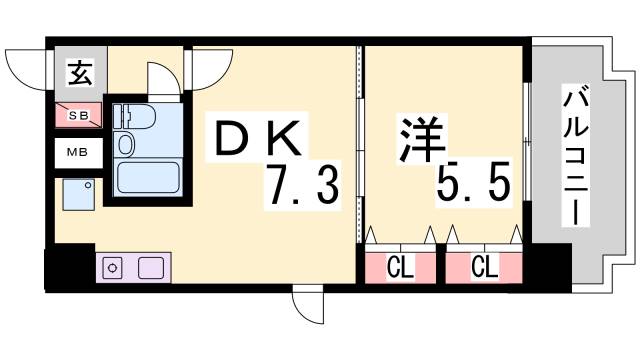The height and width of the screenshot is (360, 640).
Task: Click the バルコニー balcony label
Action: tap(574, 155)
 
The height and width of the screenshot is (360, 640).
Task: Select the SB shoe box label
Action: tap(78, 116)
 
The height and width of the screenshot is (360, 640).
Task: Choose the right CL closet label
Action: tap(485, 267)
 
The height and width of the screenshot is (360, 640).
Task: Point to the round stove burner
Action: tap(113, 268)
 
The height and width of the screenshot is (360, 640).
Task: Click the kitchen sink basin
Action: tap(150, 268)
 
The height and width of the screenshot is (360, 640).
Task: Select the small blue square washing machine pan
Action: tap(79, 193)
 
